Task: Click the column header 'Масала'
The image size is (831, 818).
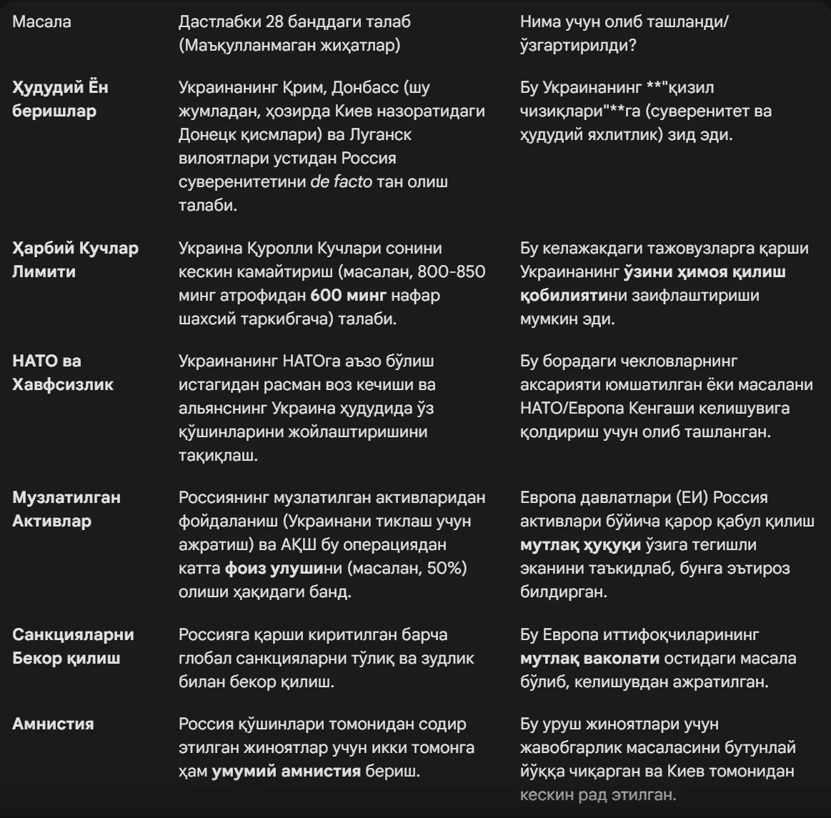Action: coord(41,21)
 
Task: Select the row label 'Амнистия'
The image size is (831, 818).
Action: coord(53,724)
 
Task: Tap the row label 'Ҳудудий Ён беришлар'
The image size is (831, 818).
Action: coord(60,99)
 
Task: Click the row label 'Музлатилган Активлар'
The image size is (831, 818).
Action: coord(66,509)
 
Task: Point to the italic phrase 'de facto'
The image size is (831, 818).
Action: coord(341,181)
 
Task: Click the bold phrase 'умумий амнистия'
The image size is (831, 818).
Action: coord(286,771)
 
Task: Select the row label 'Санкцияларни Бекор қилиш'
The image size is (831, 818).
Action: coord(73,646)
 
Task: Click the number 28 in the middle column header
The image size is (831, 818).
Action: coord(275,21)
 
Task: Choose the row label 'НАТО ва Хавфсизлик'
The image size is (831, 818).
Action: coord(63,372)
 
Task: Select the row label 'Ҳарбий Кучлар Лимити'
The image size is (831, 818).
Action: coord(75,259)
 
